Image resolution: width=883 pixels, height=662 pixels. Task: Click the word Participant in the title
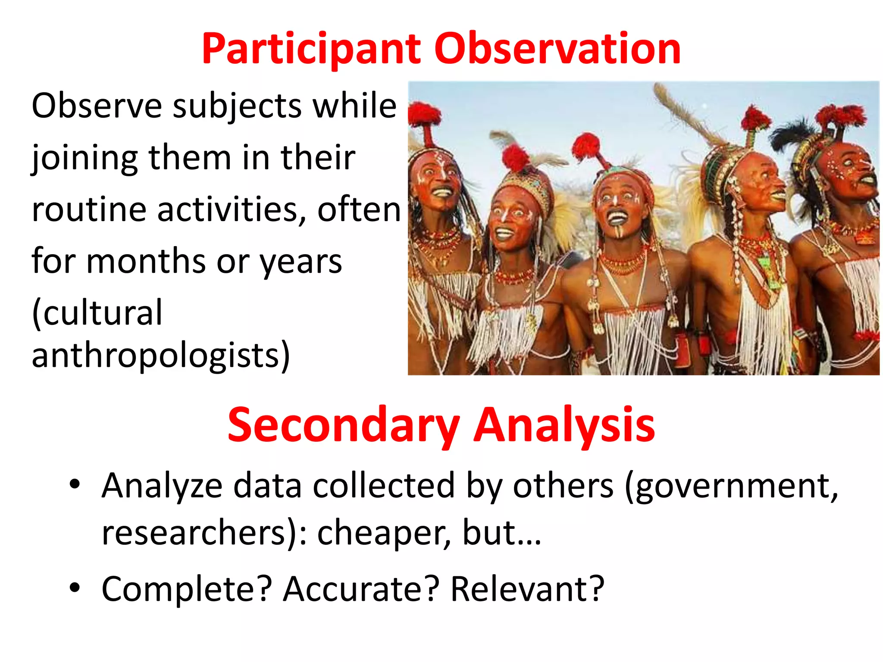tap(311, 50)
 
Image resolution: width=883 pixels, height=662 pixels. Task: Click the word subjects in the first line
tap(237, 106)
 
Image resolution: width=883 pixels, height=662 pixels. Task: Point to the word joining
tap(85, 158)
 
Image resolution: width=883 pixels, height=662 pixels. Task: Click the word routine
tap(89, 210)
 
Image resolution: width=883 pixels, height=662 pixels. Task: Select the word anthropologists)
tap(160, 356)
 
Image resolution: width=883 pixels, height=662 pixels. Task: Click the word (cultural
tap(97, 312)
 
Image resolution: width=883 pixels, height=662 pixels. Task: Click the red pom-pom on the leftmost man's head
tap(425, 114)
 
